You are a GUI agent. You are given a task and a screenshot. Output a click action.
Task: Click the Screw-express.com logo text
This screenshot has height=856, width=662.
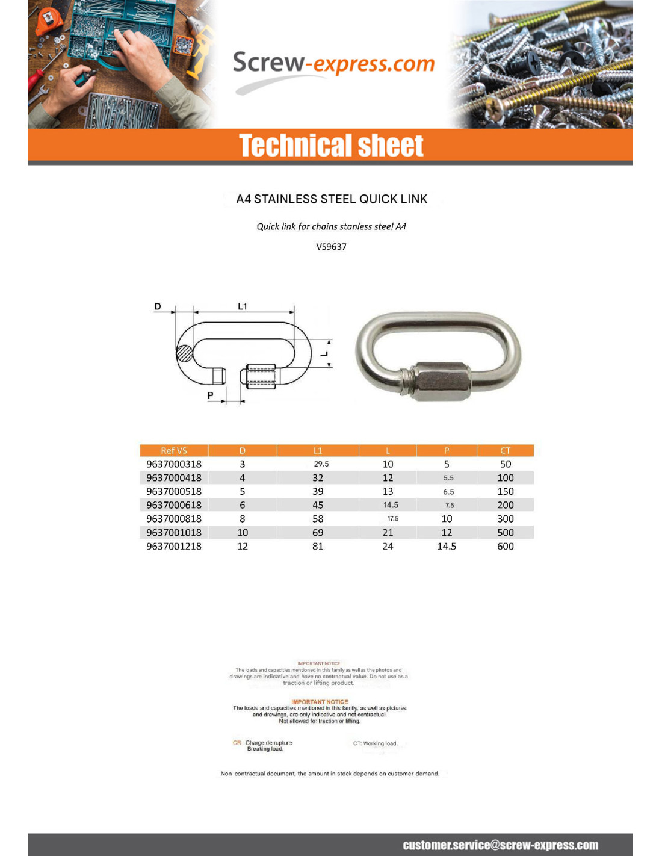point(333,64)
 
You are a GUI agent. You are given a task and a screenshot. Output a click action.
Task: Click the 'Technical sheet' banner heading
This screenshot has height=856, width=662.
point(331,146)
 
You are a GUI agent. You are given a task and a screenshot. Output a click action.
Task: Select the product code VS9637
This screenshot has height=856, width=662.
point(331,247)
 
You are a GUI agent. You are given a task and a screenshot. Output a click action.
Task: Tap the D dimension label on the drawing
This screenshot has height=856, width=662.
point(158,306)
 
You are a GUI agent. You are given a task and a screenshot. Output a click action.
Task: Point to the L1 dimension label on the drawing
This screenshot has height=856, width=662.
point(243,306)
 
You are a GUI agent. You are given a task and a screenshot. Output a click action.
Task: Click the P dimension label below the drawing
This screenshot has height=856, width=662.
point(210,395)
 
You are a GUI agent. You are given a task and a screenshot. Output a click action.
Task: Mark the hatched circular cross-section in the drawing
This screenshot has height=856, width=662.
point(185,353)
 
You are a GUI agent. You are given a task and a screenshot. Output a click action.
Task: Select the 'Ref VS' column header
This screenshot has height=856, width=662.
point(174,450)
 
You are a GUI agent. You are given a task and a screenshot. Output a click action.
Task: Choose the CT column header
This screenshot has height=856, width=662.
point(506,450)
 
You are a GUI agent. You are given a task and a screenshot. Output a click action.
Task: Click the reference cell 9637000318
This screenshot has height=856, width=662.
point(174,464)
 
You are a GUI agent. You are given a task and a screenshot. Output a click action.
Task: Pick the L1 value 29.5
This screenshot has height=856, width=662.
point(321,464)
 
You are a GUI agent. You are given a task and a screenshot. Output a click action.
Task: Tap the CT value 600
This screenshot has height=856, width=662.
point(506,547)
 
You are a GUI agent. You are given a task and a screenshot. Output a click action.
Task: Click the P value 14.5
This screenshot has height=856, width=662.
point(447,547)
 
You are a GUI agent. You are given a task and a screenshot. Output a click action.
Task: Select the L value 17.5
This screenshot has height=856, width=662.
point(393,519)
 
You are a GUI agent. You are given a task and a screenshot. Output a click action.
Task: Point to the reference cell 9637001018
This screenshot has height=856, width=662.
point(174,533)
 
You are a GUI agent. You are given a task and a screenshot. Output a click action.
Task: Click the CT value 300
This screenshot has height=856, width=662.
point(506,519)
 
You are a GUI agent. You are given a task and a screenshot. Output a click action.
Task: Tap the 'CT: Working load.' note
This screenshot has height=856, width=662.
point(375,743)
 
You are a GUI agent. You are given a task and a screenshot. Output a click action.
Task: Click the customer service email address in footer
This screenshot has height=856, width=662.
point(500,845)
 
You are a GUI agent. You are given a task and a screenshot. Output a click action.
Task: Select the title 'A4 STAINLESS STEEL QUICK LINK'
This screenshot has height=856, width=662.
point(332,199)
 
